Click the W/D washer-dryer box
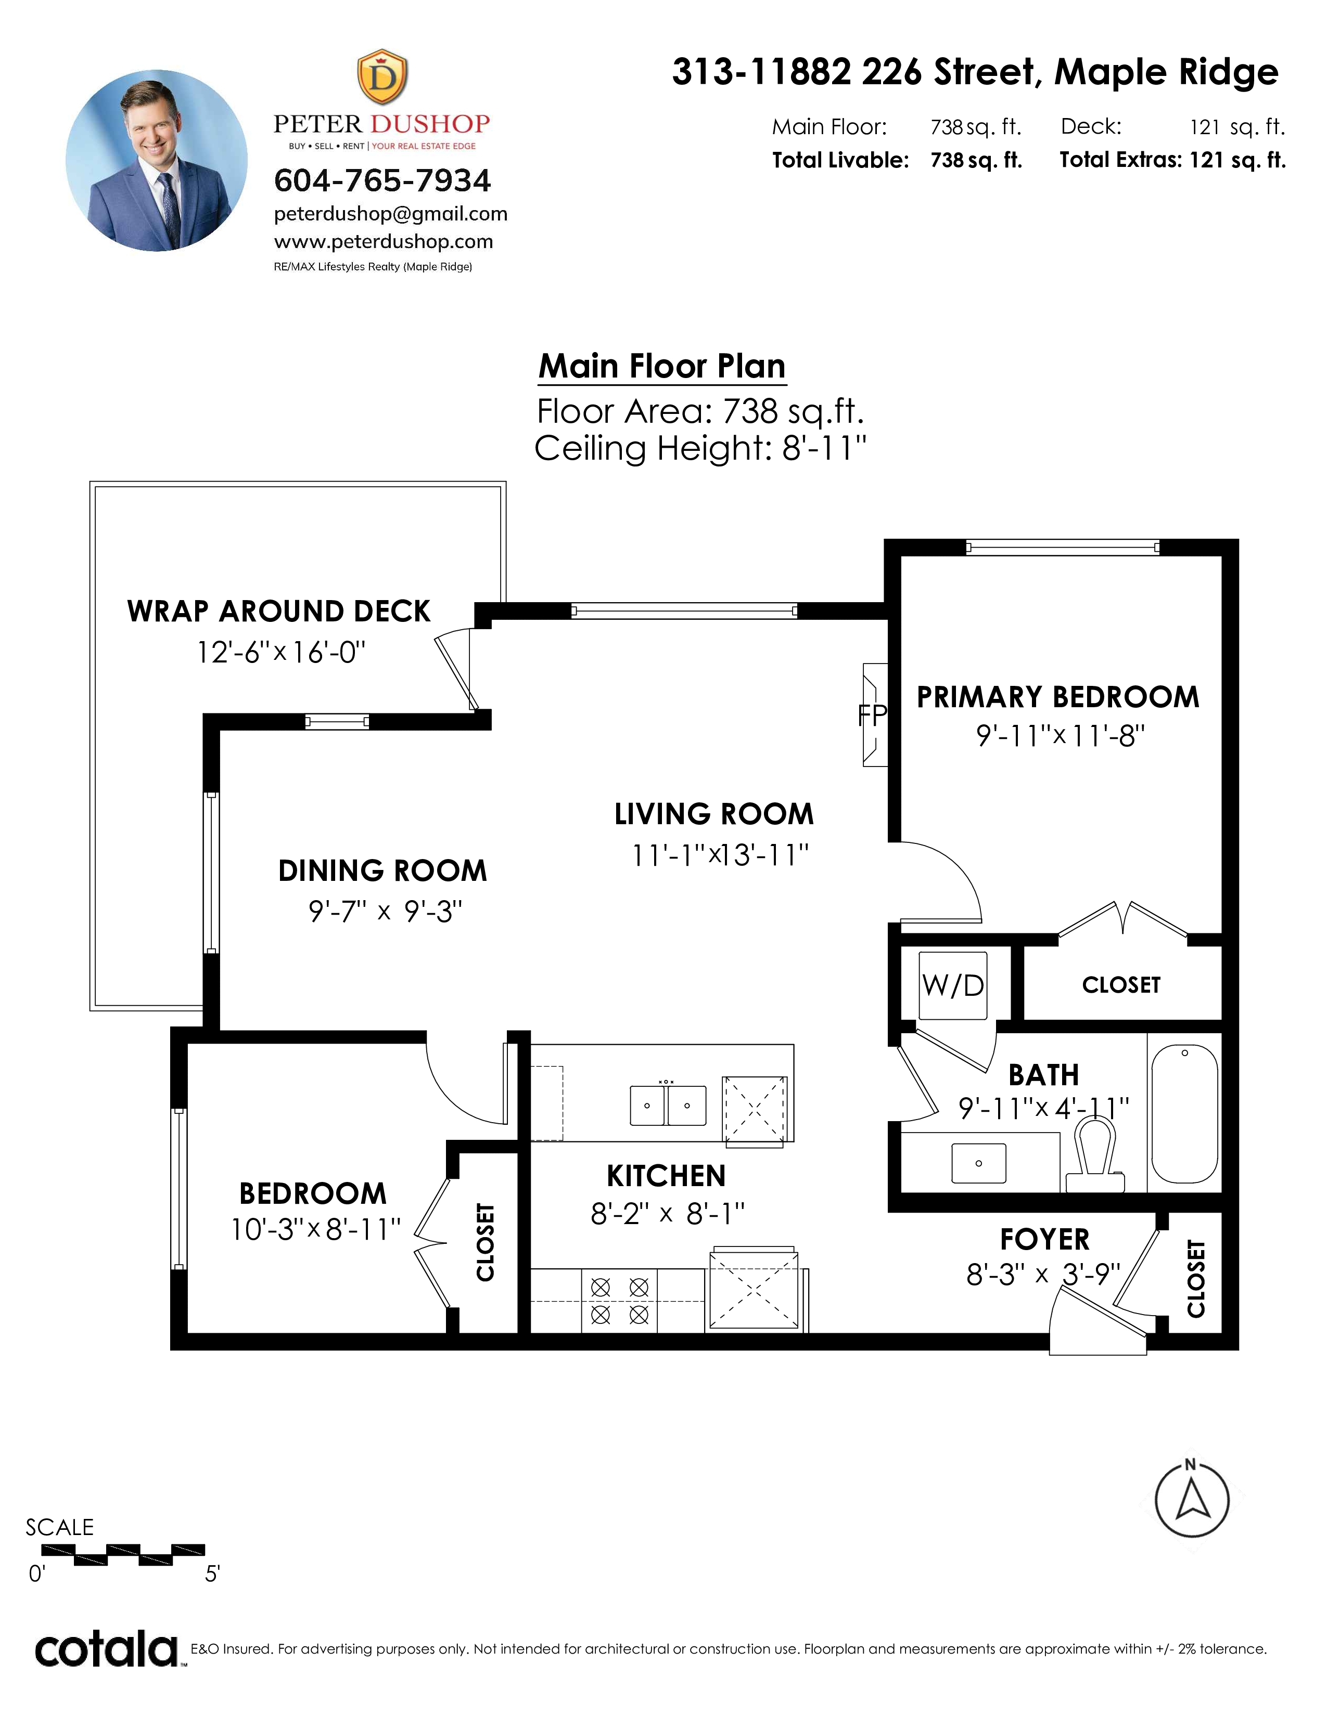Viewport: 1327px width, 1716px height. [953, 984]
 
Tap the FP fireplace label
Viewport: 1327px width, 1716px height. [872, 715]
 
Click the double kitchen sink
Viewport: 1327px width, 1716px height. [668, 1104]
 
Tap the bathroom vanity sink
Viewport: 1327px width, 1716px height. [979, 1163]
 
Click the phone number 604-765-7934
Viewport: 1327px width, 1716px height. [382, 181]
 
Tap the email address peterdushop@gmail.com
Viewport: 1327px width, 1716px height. [391, 214]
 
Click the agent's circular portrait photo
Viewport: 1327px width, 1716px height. [157, 160]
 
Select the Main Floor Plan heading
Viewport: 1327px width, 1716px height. [662, 366]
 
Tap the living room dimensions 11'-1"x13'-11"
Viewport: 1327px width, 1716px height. [720, 855]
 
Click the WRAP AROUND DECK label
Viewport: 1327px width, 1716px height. [279, 612]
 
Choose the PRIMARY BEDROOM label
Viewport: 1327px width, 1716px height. [1058, 697]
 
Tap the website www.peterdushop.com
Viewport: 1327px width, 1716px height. [384, 241]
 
